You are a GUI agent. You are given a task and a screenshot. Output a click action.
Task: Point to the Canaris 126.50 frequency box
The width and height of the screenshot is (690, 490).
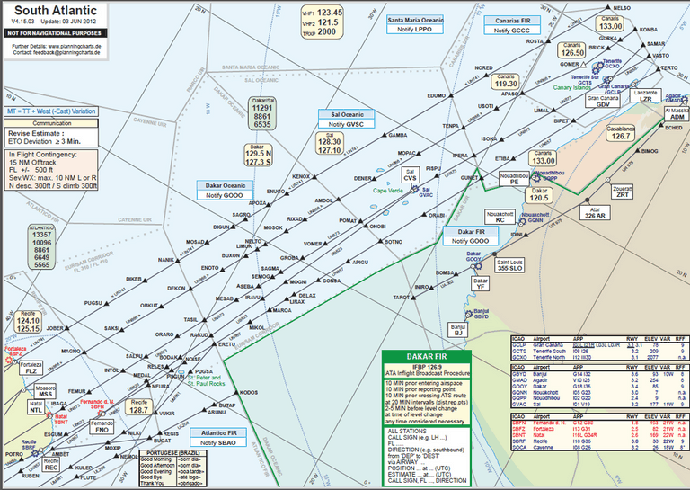coord(573,49)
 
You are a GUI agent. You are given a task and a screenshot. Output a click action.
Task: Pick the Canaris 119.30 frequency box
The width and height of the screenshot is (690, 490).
coord(500,81)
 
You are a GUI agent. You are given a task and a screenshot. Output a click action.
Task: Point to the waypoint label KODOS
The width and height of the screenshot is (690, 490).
coord(250,393)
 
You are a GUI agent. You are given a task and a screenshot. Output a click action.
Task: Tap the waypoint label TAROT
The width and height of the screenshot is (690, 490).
coord(402,297)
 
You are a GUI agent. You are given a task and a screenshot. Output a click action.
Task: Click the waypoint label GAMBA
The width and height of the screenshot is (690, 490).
coord(398,135)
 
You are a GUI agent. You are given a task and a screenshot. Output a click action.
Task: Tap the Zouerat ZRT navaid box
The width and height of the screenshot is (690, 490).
coord(623,191)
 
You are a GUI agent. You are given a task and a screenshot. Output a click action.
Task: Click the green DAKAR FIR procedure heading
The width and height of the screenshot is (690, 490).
coord(419,357)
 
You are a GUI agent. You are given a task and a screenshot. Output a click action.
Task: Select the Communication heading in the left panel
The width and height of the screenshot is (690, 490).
coord(52,123)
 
